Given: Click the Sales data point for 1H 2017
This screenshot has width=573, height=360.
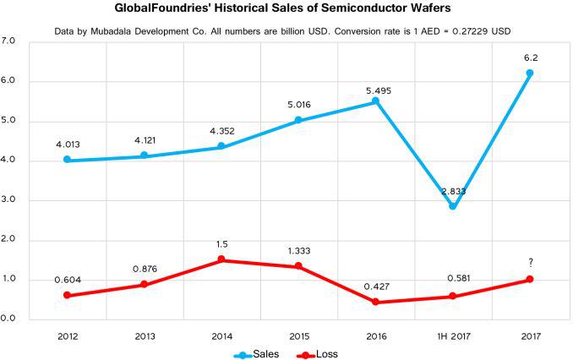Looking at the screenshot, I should pos(453,205).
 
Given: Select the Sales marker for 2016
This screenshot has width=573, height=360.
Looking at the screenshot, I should pos(376,101).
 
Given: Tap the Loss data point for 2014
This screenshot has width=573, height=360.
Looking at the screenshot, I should pos(221,259).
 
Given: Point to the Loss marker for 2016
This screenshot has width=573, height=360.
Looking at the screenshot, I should pos(376,302).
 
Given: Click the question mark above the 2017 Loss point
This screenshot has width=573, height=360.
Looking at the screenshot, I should pos(530,262).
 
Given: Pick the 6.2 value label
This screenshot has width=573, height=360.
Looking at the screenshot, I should pos(530,57).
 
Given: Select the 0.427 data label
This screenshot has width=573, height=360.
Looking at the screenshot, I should pos(376,286).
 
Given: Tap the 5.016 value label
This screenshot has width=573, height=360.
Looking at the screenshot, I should pos(298,105).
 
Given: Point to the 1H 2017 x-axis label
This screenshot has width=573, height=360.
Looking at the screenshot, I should pos(453,336).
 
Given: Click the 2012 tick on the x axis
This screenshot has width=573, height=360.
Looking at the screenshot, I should pos(67,336).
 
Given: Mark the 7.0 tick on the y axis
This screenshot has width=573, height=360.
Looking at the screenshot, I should pos(9,41).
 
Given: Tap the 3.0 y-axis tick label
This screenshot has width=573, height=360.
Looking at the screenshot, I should pos(9,200).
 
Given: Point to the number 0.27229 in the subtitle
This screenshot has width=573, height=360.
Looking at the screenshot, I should pos(461,30).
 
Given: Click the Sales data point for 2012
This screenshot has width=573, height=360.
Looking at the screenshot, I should pos(67,160).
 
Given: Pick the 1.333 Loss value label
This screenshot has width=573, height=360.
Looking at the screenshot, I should pos(298,251).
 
